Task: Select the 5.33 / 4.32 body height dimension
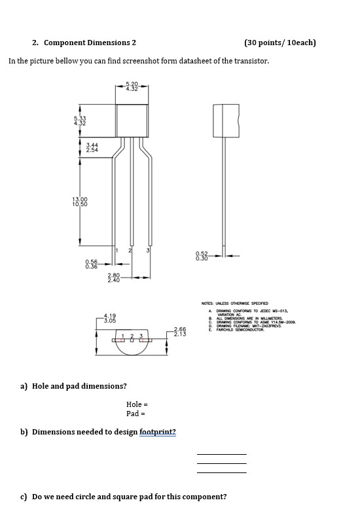[x=79, y=120]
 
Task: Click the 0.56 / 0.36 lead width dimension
[x=91, y=264]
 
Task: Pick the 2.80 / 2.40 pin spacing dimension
[x=113, y=277]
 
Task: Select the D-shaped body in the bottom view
[x=134, y=345]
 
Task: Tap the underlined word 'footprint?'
[x=157, y=432]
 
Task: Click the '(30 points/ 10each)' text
[x=279, y=43]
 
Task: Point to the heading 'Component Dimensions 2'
[x=90, y=43]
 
